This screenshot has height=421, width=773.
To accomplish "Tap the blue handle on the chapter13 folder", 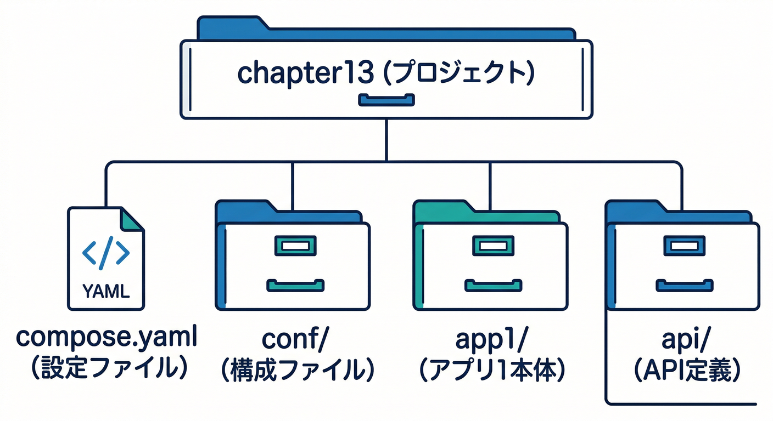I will click(x=386, y=100).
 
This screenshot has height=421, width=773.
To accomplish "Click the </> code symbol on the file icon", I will click(x=106, y=252).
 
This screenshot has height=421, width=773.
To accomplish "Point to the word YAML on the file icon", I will click(x=106, y=292).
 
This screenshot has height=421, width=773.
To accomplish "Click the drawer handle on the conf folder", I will click(x=295, y=285).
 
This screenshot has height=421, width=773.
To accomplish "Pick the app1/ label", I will click(x=490, y=340).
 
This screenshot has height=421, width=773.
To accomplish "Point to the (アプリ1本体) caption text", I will click(x=490, y=370).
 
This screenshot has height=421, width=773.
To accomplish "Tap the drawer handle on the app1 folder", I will click(x=492, y=285).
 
